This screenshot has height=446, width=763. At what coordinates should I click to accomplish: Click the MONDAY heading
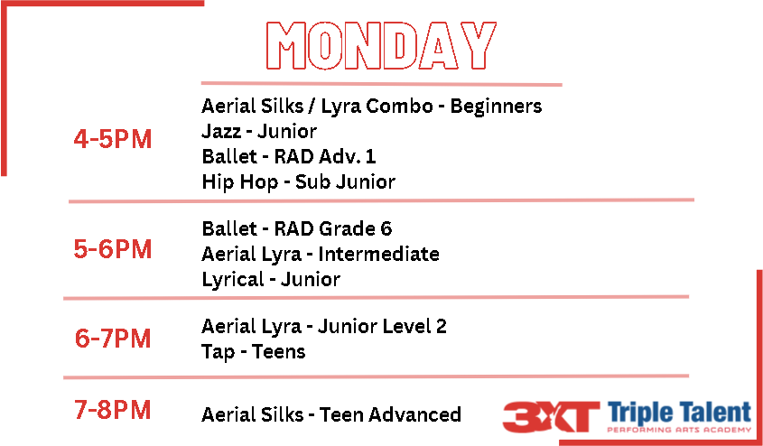(381, 45)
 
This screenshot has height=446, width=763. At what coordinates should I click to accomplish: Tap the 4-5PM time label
(113, 140)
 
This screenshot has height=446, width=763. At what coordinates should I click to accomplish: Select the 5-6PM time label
(113, 249)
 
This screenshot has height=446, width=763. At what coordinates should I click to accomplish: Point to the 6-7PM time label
(113, 339)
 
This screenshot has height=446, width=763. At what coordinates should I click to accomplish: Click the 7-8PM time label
(113, 410)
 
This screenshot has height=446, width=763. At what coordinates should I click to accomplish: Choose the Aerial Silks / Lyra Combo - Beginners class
(372, 106)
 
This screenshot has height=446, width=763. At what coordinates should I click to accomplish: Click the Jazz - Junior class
(259, 131)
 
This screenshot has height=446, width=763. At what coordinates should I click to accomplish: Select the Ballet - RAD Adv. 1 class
(289, 156)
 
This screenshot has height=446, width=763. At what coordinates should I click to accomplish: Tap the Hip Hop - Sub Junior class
(298, 181)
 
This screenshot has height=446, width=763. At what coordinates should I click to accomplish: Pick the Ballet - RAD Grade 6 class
(297, 228)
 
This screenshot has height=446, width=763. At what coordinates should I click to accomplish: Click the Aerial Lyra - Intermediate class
(321, 254)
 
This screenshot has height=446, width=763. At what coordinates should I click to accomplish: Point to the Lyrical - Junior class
(271, 279)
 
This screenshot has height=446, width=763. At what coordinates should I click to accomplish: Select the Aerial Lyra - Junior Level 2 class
(324, 326)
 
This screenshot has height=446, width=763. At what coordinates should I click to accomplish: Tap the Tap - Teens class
(254, 351)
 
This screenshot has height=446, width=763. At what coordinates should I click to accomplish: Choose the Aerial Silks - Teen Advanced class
(331, 415)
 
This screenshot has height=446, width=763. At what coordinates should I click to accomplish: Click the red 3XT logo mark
(551, 417)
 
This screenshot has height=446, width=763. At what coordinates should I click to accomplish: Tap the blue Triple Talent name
(679, 413)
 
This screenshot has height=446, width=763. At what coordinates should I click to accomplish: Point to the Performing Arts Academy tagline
(679, 430)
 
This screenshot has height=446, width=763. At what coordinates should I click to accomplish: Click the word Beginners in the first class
(496, 106)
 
